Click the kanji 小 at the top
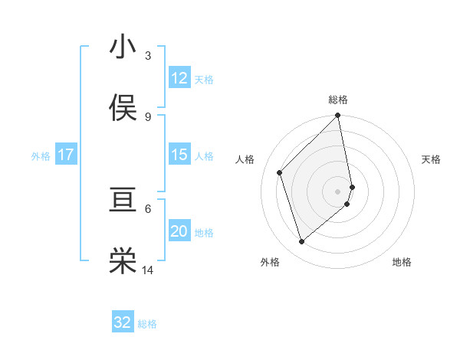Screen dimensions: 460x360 (123, 47)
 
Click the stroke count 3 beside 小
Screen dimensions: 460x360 (148, 55)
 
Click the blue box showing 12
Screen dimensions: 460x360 (179, 78)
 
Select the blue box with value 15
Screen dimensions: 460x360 (179, 155)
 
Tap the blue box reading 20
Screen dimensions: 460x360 (179, 231)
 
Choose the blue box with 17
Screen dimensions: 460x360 (66, 155)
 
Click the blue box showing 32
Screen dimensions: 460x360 (123, 322)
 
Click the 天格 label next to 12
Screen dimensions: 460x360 (204, 80)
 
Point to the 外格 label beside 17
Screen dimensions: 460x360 (41, 156)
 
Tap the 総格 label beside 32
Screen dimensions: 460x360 (147, 324)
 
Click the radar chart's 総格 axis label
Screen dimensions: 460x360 (338, 100)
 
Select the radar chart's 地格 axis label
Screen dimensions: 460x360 (402, 262)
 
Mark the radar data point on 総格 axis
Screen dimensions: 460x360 (338, 116)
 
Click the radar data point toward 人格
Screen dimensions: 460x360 (280, 172)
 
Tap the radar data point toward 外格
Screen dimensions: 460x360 (302, 242)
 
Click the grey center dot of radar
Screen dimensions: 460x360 (338, 191)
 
